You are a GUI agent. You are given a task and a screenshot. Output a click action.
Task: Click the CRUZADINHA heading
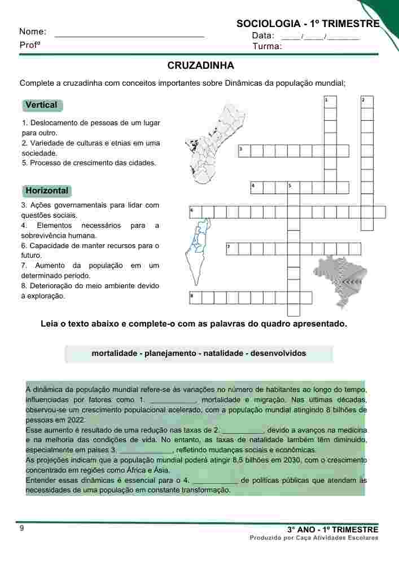coord(200,66)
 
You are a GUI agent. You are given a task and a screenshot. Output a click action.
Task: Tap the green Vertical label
coord(42,105)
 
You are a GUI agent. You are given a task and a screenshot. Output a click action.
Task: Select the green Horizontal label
coord(47,191)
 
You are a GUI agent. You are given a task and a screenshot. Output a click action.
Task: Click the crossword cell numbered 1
coord(330,101)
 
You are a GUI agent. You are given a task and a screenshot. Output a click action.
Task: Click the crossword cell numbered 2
coord(367,101)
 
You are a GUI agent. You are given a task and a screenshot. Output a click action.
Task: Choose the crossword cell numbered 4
coord(256,187)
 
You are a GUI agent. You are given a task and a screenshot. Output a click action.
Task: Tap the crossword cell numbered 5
coord(293,187)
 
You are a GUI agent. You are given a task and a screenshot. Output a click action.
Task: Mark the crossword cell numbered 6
coord(195,212)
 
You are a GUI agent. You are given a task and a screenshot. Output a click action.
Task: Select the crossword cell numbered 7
coord(231,249)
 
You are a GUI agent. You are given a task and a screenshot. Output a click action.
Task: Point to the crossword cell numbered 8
coord(195,297)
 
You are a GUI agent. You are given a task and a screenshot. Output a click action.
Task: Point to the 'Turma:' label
coord(267,46)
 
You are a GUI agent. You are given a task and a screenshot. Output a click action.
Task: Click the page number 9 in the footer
coord(22,528)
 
